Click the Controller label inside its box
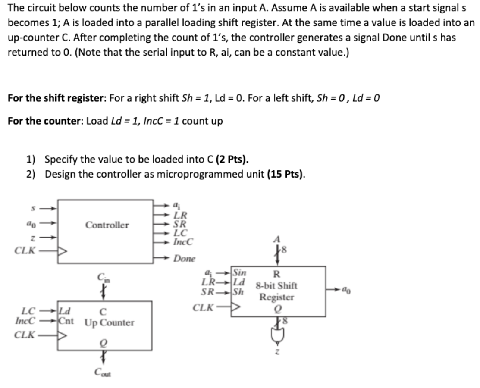point(107,225)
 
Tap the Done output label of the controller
point(184,259)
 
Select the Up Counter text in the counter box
point(110,322)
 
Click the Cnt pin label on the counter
point(66,322)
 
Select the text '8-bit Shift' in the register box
point(276,285)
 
